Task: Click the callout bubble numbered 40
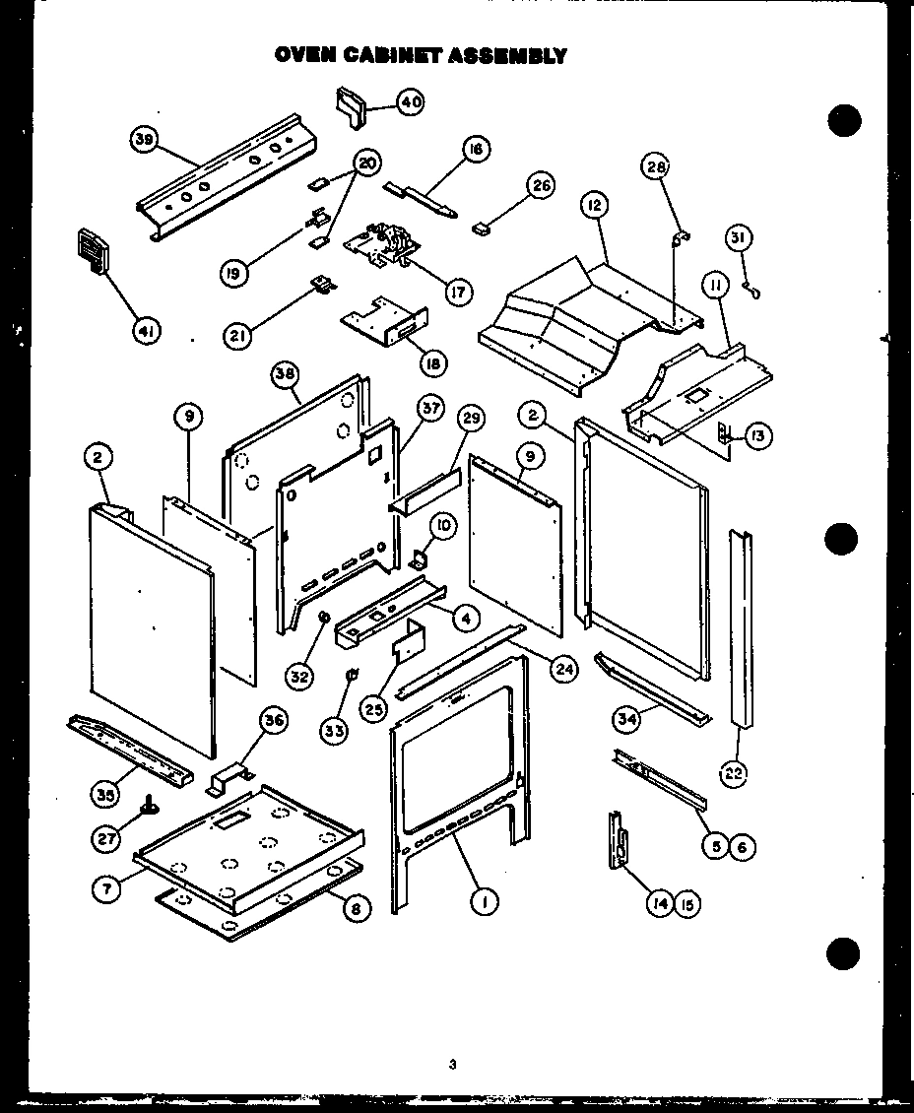(x=410, y=101)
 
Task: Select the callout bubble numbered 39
(x=145, y=141)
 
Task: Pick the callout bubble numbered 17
(x=458, y=292)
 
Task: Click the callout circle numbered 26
(x=541, y=184)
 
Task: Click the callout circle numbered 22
(x=734, y=773)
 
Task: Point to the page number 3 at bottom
(x=452, y=1064)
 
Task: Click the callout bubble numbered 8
(x=356, y=908)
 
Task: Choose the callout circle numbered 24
(x=562, y=671)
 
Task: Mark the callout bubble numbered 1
(x=483, y=900)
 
